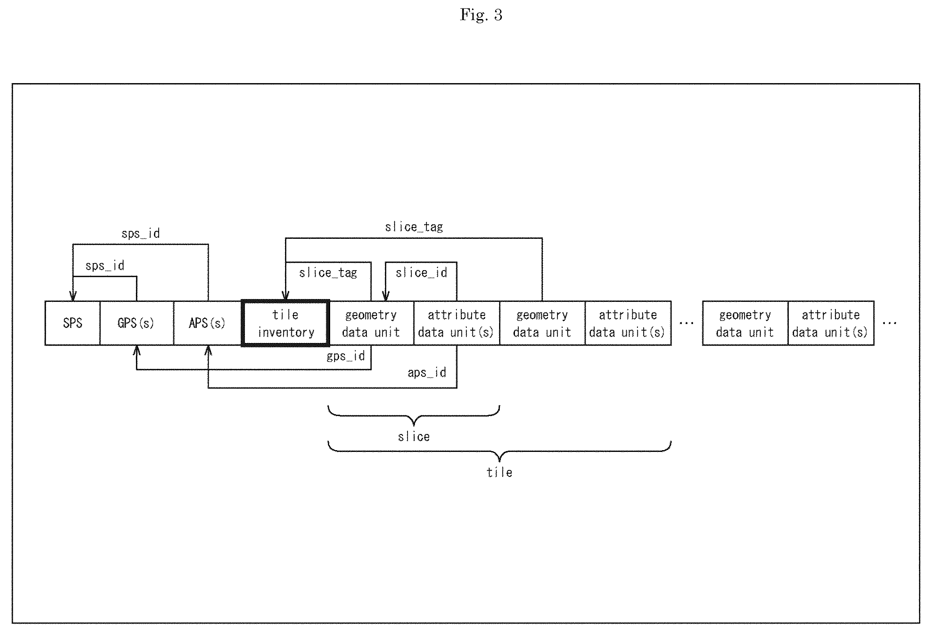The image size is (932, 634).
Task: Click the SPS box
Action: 73,323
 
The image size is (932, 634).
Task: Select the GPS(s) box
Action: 137,323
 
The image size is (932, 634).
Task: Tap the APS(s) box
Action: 208,323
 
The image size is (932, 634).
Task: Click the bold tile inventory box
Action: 285,323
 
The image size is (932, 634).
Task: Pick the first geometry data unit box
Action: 371,323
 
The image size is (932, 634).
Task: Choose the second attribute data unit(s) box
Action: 628,323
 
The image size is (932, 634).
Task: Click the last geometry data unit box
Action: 745,323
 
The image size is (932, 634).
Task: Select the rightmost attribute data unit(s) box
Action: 831,323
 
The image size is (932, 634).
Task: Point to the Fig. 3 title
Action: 481,15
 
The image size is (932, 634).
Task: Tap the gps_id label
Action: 346,356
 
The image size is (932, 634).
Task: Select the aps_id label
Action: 427,373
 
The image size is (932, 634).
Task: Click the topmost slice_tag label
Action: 414,227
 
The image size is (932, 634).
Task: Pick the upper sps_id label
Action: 140,234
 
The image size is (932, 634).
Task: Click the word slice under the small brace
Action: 414,436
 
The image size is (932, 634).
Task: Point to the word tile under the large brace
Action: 499,472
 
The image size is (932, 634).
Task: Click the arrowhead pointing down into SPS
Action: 73,296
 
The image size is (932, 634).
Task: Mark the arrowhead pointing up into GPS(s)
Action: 137,351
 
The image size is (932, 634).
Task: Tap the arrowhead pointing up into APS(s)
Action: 208,351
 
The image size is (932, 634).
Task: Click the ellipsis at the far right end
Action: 889,323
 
